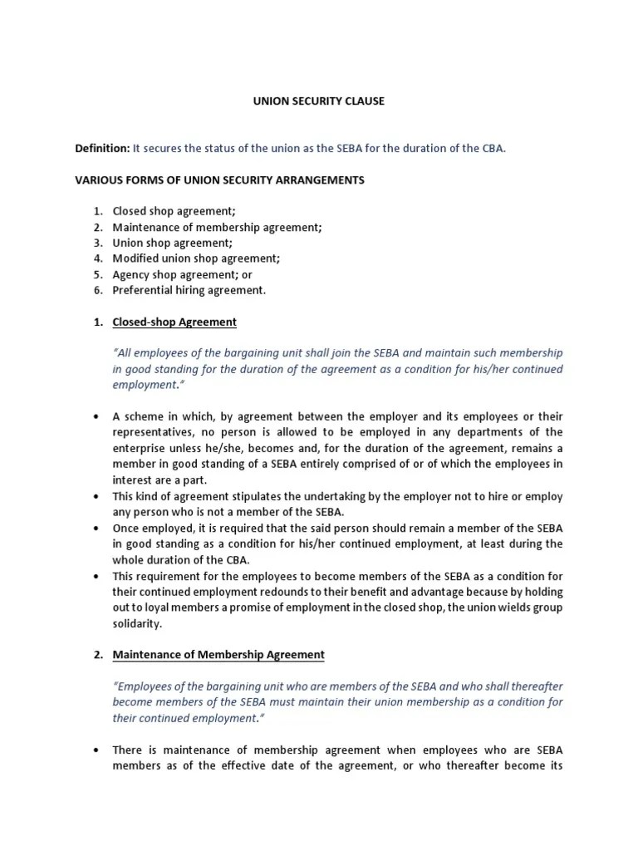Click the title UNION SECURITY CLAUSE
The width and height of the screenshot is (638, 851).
coord(319,101)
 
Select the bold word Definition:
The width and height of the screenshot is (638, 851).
coord(102,148)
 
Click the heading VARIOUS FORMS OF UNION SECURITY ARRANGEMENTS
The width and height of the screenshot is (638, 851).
coord(219,180)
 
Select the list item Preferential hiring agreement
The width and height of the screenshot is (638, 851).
coord(189,290)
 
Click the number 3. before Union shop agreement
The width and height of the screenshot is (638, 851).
coord(97,243)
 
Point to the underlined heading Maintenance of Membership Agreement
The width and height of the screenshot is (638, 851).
coord(218,654)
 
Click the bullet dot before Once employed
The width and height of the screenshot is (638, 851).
coord(97,528)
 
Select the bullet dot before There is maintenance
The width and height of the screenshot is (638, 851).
coord(97,750)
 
